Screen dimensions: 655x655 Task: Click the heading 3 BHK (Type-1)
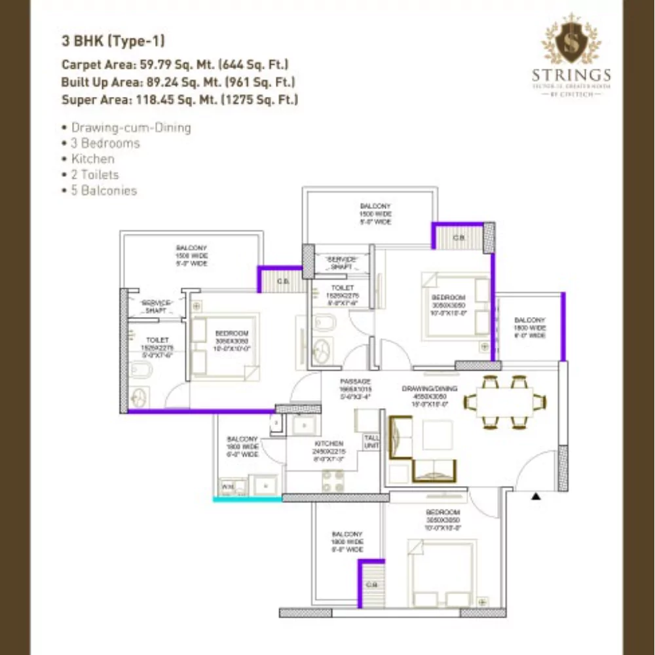pos(113,41)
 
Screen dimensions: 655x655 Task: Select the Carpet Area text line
pos(175,64)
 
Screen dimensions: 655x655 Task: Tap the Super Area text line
pos(179,100)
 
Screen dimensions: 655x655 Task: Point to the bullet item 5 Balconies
pos(103,191)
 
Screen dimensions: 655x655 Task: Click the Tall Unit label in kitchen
pos(371,442)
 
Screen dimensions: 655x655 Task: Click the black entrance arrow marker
pos(536,496)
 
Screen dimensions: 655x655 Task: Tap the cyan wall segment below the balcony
pos(248,499)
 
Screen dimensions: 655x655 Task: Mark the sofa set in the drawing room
pos(422,448)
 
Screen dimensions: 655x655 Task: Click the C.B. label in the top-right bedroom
pos(458,238)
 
